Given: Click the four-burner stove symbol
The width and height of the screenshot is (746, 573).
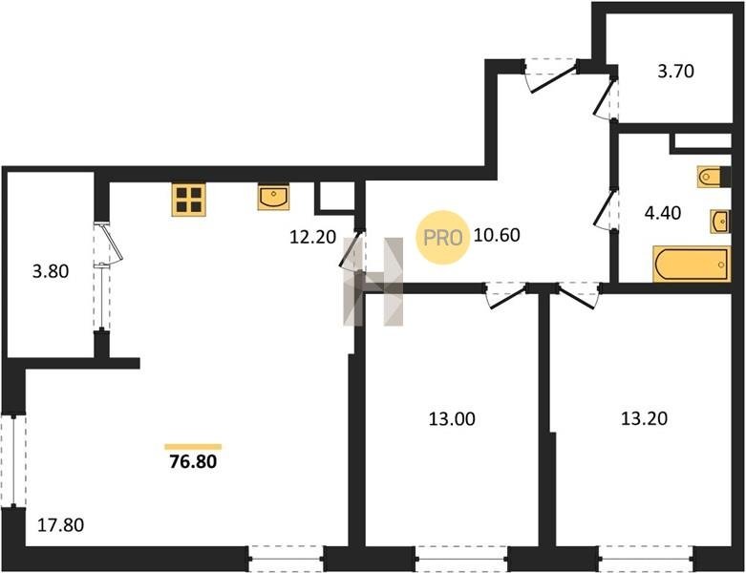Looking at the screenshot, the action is pyautogui.click(x=189, y=200).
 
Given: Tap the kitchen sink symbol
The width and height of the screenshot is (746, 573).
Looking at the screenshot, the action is pyautogui.click(x=273, y=198).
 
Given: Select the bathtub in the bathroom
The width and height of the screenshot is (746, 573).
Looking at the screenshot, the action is pyautogui.click(x=692, y=264).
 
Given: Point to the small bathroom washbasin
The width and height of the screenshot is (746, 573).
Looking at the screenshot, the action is pyautogui.click(x=720, y=222).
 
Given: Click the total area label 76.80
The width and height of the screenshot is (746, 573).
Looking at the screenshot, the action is pyautogui.click(x=193, y=461).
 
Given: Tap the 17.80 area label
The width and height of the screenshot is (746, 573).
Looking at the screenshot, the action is pyautogui.click(x=61, y=525).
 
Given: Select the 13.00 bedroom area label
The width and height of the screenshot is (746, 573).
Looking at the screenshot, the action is pyautogui.click(x=452, y=419).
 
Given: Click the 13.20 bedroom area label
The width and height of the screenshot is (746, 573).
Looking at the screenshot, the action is pyautogui.click(x=644, y=418).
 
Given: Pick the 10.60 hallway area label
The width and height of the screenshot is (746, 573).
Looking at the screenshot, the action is pyautogui.click(x=497, y=234).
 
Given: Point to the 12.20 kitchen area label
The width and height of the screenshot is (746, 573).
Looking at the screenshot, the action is pyautogui.click(x=313, y=236).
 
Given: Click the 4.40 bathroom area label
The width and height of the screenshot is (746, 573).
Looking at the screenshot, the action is pyautogui.click(x=663, y=213).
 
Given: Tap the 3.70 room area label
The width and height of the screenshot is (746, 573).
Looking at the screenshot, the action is pyautogui.click(x=675, y=71).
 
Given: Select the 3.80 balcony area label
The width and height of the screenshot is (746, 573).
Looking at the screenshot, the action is pyautogui.click(x=51, y=271).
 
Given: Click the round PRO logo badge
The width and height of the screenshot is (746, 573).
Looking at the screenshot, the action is pyautogui.click(x=442, y=237).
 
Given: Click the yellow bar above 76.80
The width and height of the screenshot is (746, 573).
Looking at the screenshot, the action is pyautogui.click(x=193, y=447).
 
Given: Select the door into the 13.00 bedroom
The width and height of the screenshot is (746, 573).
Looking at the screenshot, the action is pyautogui.click(x=505, y=295).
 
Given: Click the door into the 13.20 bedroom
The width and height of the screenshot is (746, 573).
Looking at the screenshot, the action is pyautogui.click(x=579, y=295).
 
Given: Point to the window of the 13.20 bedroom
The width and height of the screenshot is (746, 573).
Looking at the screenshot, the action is pyautogui.click(x=646, y=559).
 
